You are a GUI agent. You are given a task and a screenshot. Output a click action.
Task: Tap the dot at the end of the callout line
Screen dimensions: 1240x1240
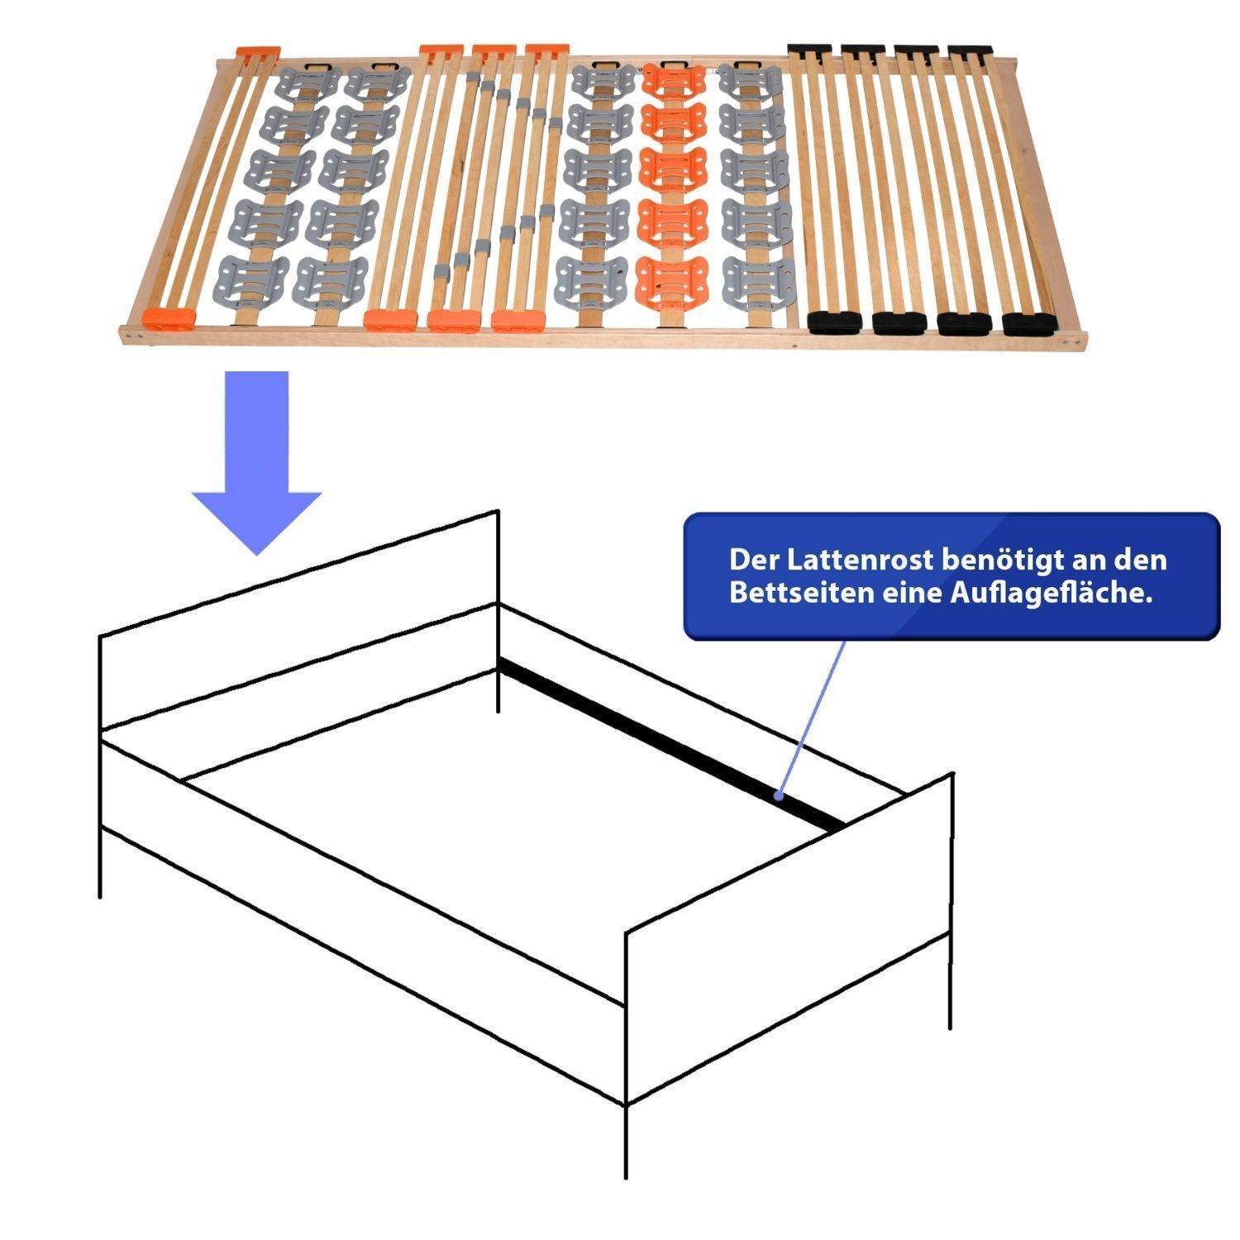779,796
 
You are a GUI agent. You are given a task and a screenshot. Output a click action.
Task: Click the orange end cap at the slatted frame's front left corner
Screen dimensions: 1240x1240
168,317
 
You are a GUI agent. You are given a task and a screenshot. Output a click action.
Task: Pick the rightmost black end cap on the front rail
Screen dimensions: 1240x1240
1029,323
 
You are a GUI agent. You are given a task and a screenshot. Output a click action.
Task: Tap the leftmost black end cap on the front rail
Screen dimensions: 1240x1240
835,320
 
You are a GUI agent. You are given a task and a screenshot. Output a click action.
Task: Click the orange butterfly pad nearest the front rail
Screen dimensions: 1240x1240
670,279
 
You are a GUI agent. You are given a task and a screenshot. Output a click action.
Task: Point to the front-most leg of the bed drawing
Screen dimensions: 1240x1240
626,1141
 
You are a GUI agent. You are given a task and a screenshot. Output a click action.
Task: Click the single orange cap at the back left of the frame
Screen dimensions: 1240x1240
257,51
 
